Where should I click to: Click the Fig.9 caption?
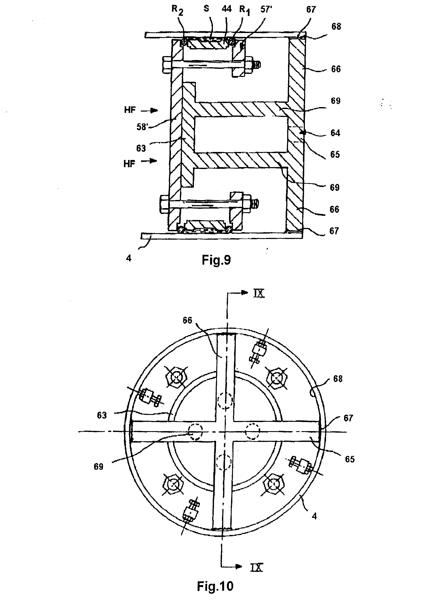(216, 260)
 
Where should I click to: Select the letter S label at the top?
(206, 9)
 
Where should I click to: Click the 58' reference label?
(142, 127)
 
